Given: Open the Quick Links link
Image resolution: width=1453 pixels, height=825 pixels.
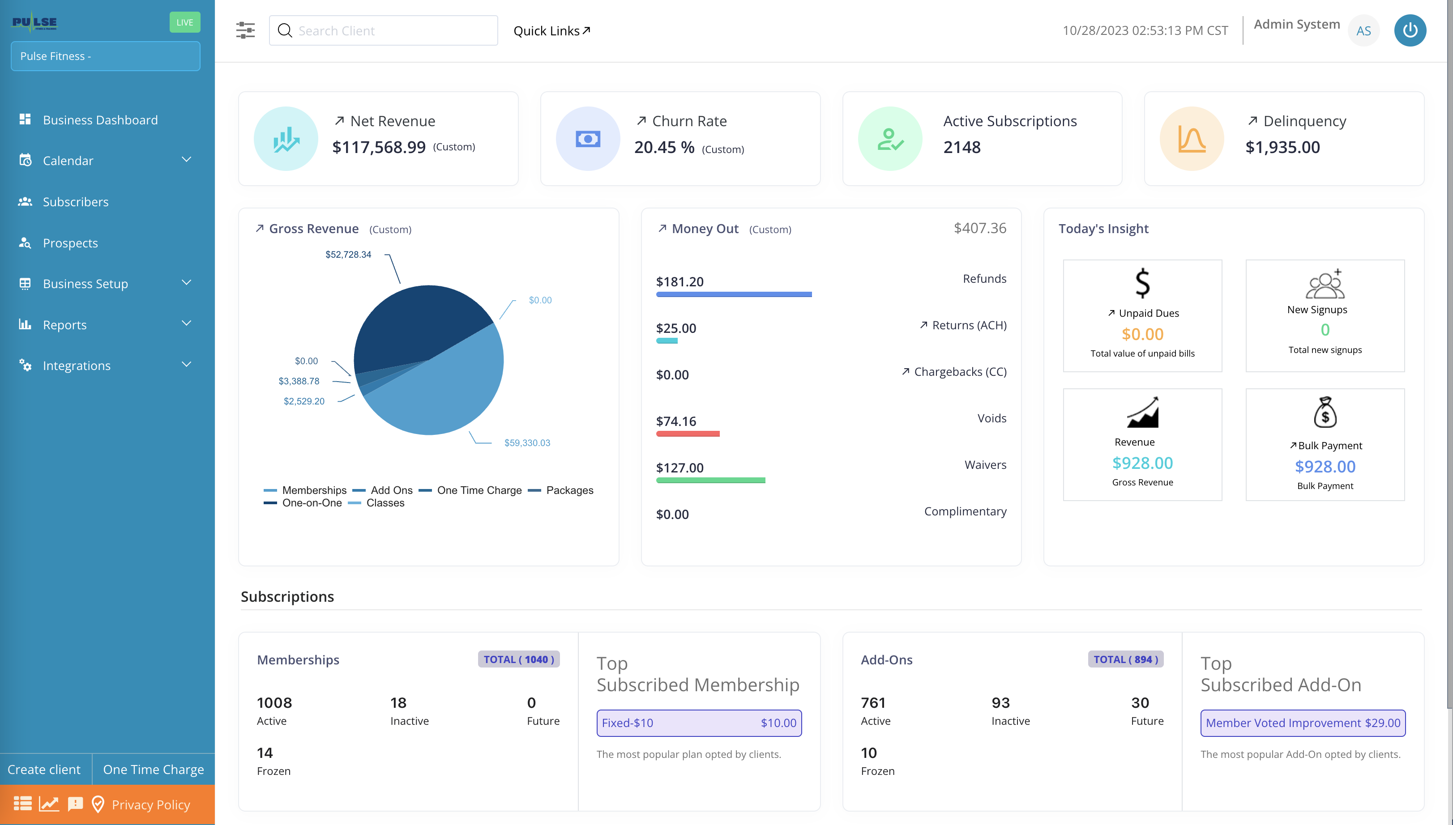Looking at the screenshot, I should coord(551,30).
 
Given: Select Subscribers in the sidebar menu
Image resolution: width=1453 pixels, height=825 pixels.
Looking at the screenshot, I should coord(75,202).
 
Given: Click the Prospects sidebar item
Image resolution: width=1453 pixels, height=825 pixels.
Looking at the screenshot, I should coord(70,243).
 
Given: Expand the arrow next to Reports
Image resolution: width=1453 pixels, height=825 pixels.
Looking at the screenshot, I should coord(186,323).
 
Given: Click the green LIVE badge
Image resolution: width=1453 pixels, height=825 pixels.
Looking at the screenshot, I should coord(185,22).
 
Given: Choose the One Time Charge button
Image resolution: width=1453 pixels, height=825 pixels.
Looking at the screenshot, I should coord(153,770).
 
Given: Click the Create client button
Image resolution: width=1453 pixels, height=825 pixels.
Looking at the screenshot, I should coord(44,770).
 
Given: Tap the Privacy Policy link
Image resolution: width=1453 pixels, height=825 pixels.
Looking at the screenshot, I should coord(151,804).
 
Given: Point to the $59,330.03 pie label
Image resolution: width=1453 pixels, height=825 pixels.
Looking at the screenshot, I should coord(527,442).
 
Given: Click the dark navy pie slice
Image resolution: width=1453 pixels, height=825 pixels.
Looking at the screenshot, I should coord(414,323).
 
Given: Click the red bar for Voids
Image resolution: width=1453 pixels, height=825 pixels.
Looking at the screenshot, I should coord(687,434).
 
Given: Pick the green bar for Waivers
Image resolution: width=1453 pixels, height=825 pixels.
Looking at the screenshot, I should coord(710,481).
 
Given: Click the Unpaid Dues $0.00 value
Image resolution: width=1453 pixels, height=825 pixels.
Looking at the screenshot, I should coord(1142,334).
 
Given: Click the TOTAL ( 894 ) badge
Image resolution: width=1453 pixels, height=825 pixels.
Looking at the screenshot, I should coord(1125,659).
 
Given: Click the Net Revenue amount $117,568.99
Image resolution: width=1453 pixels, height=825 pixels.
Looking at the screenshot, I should coord(379,147).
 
